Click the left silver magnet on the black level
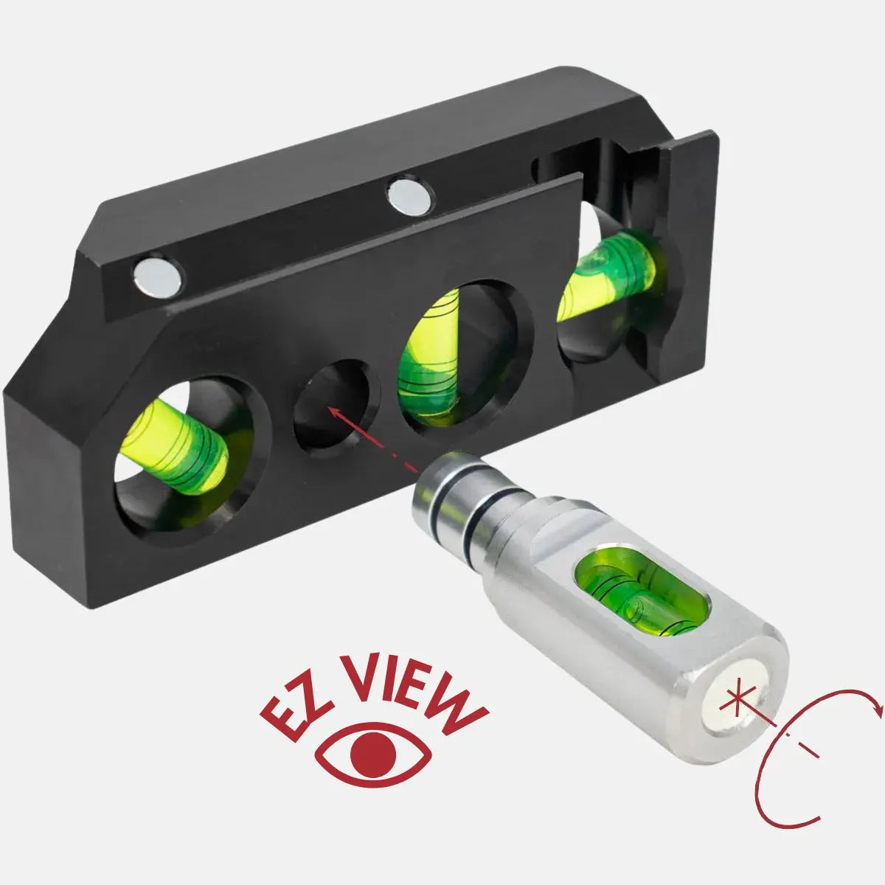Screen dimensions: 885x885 point(158,277)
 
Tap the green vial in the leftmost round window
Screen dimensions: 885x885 point(175,446)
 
